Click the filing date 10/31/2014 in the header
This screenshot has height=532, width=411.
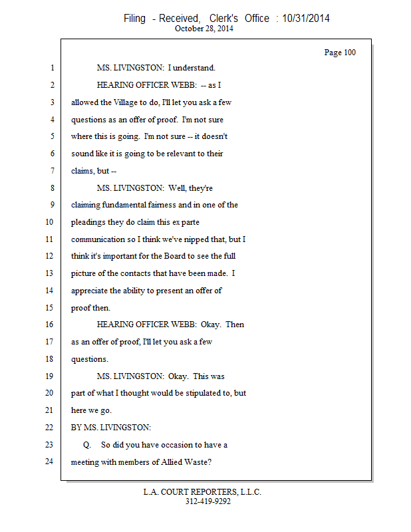click(x=306, y=19)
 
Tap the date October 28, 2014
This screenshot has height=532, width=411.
click(x=204, y=29)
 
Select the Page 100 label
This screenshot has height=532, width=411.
click(x=340, y=53)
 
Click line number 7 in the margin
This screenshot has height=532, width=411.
click(x=53, y=170)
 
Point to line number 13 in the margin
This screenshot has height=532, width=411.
click(x=49, y=273)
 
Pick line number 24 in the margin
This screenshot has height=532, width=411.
click(x=49, y=462)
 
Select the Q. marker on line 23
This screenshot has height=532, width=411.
click(x=87, y=445)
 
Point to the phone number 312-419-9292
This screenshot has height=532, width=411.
click(x=208, y=501)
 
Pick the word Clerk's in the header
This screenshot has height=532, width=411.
click(x=223, y=19)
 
